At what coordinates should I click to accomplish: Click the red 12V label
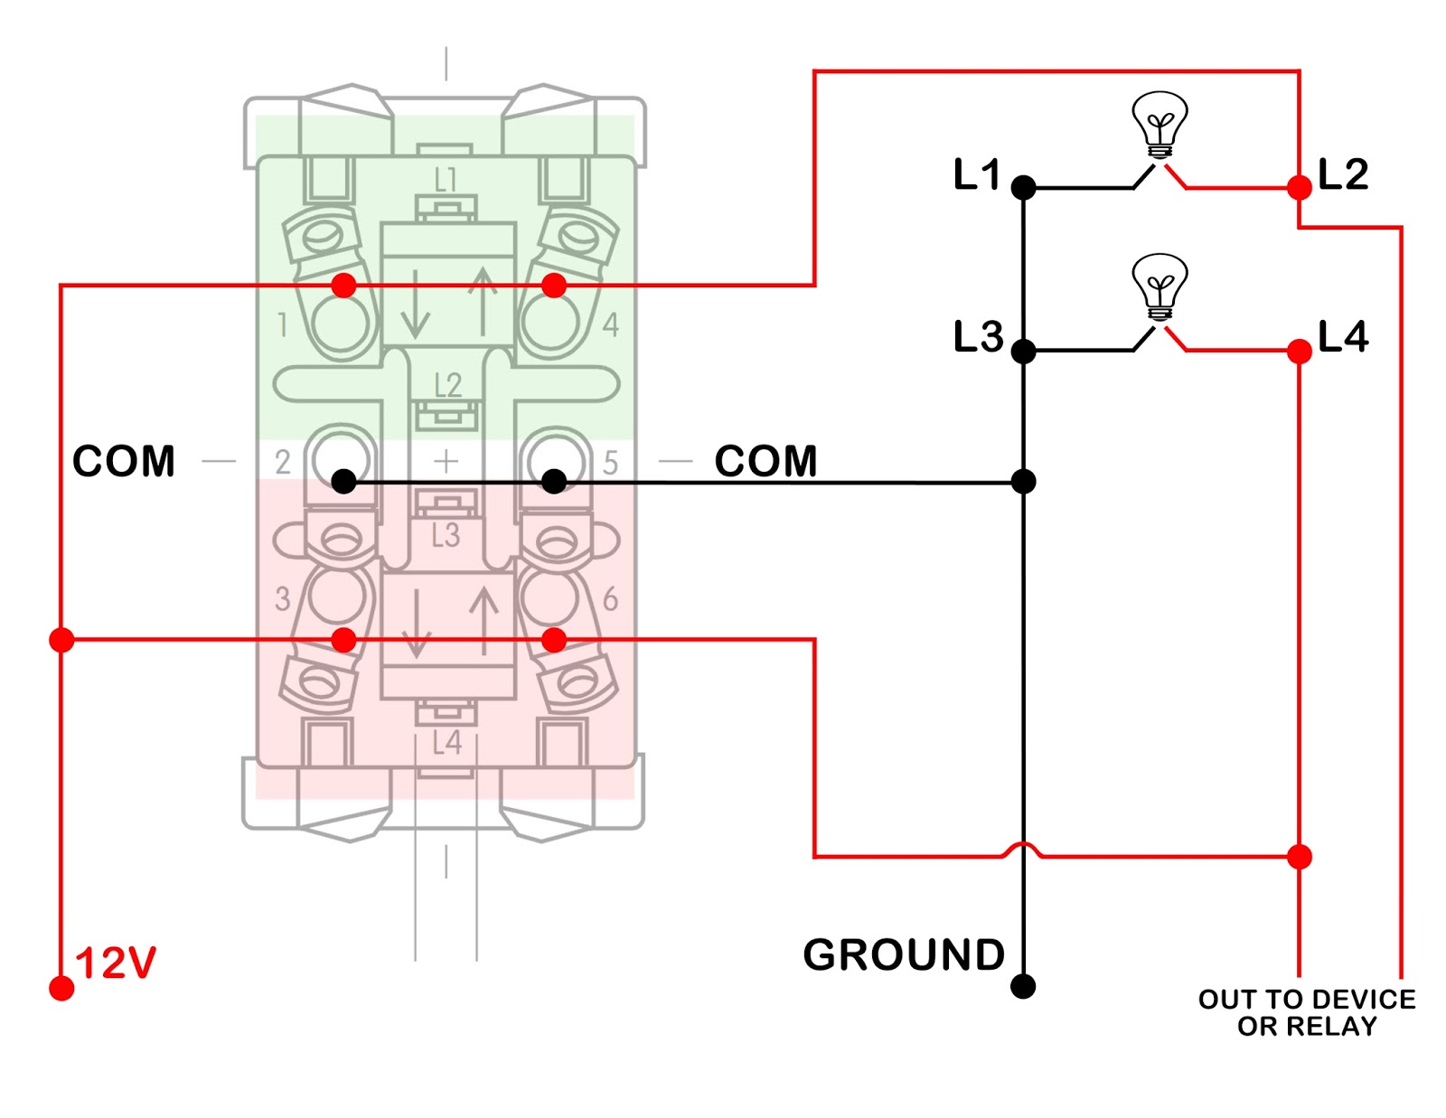116,963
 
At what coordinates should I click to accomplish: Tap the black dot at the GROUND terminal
1023,986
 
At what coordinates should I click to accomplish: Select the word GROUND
904,955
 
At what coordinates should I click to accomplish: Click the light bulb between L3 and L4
1160,287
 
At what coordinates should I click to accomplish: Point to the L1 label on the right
977,174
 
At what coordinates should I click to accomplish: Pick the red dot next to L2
1300,188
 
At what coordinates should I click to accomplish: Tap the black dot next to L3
1023,351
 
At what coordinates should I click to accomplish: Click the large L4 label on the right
1343,336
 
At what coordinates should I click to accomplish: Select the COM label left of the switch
124,462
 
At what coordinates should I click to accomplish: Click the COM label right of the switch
765,462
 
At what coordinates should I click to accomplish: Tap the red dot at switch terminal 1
343,286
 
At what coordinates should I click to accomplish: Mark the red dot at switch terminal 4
554,286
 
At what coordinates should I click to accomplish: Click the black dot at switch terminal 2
343,481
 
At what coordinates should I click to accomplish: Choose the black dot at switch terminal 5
554,481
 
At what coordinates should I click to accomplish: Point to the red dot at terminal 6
554,640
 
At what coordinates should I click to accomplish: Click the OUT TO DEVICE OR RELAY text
1307,1012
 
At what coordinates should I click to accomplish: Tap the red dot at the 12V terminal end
61,988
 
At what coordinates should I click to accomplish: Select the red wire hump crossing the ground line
1023,848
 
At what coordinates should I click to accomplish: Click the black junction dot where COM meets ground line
1023,482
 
